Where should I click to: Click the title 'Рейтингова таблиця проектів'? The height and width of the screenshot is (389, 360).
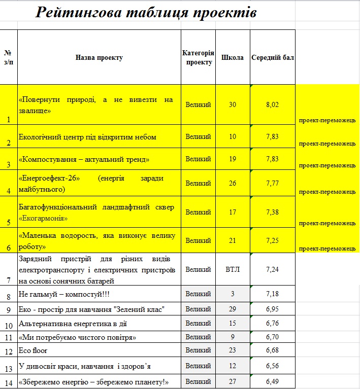tap(146, 13)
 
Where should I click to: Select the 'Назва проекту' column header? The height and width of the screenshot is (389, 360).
tap(99, 58)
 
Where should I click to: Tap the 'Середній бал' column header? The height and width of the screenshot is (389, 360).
tap(273, 58)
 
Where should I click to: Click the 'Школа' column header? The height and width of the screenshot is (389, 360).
tap(233, 58)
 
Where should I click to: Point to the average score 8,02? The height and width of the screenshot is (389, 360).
tap(273, 105)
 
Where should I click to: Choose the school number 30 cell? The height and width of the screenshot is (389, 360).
tap(233, 105)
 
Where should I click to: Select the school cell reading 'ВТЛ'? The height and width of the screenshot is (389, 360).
tap(233, 269)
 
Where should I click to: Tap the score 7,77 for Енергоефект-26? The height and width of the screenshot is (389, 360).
tap(273, 183)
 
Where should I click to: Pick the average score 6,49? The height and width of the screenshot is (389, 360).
tap(273, 382)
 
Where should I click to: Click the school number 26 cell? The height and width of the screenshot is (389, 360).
tap(233, 183)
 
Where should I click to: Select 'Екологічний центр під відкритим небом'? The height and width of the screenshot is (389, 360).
tap(87, 137)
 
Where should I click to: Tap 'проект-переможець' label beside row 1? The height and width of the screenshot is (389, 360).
tap(328, 121)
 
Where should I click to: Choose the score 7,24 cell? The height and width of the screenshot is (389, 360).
tap(273, 269)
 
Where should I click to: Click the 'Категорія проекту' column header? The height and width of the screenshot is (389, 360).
tap(198, 58)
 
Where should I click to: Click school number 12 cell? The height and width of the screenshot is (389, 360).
tap(233, 366)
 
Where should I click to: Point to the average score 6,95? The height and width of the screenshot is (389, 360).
tap(273, 309)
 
